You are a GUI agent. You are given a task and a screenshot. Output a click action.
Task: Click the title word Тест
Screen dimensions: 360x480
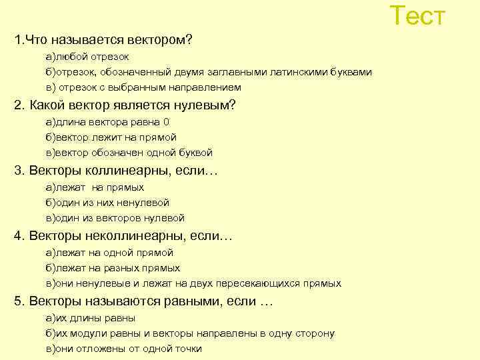point(417,16)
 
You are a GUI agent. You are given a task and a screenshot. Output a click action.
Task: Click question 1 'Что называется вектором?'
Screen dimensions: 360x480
point(103,40)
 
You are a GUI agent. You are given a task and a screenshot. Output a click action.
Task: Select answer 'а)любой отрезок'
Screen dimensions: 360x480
point(87,57)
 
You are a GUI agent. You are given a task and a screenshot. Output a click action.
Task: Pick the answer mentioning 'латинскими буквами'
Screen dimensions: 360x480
point(209,72)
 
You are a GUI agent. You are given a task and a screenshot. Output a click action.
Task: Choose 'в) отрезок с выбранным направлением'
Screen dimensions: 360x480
point(143,87)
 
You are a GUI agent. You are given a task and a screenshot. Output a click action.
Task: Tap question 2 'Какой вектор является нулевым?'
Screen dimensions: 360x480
point(125,105)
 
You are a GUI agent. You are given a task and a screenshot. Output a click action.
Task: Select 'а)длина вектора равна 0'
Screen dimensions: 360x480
point(107,122)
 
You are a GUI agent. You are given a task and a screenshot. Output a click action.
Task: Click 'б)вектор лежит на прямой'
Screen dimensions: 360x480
point(111,137)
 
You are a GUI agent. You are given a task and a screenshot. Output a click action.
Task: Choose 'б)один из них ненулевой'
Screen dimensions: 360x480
point(107,203)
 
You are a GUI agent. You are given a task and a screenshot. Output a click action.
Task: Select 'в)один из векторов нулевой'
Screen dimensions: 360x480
point(115,217)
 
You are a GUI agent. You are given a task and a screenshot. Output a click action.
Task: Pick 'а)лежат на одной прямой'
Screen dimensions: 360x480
point(109,253)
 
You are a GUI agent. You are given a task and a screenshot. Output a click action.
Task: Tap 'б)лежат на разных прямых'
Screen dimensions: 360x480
point(113,268)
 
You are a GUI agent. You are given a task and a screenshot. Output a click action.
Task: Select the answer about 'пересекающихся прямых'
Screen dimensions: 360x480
point(193,283)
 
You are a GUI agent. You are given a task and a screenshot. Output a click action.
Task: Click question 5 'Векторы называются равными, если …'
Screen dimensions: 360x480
point(144,301)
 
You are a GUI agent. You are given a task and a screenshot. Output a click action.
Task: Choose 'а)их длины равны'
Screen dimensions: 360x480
point(91,318)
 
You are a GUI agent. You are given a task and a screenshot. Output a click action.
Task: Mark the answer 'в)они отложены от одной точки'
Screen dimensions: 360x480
point(123,349)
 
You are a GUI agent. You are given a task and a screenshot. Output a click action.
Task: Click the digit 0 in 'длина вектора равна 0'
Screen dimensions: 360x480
point(166,122)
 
